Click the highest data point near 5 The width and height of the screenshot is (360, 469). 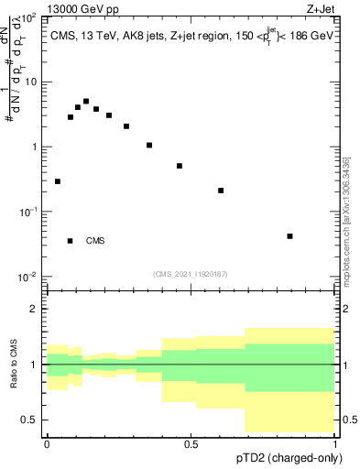coord(86,102)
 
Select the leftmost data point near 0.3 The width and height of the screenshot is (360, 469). coord(58,181)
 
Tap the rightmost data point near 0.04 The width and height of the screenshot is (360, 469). coord(289,236)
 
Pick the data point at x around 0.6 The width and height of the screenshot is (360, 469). coord(221,191)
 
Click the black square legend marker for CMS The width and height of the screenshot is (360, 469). coord(70,241)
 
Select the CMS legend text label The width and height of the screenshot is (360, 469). coord(95,241)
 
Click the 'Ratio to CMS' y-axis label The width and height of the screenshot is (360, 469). coord(14,364)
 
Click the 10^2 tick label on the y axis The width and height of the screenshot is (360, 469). coord(28,16)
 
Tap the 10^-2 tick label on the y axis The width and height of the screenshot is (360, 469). coord(28,276)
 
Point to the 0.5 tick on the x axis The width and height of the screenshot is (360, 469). coord(191,443)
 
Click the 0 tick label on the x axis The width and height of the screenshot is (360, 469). coord(47,443)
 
